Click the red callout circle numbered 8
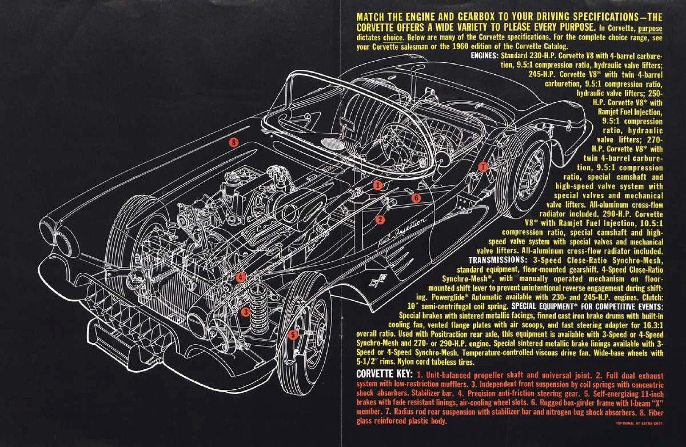234,142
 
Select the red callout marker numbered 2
380,220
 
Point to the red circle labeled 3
245,312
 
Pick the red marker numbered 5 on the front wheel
293,335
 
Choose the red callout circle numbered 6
416,198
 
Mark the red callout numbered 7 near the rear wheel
483,167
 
